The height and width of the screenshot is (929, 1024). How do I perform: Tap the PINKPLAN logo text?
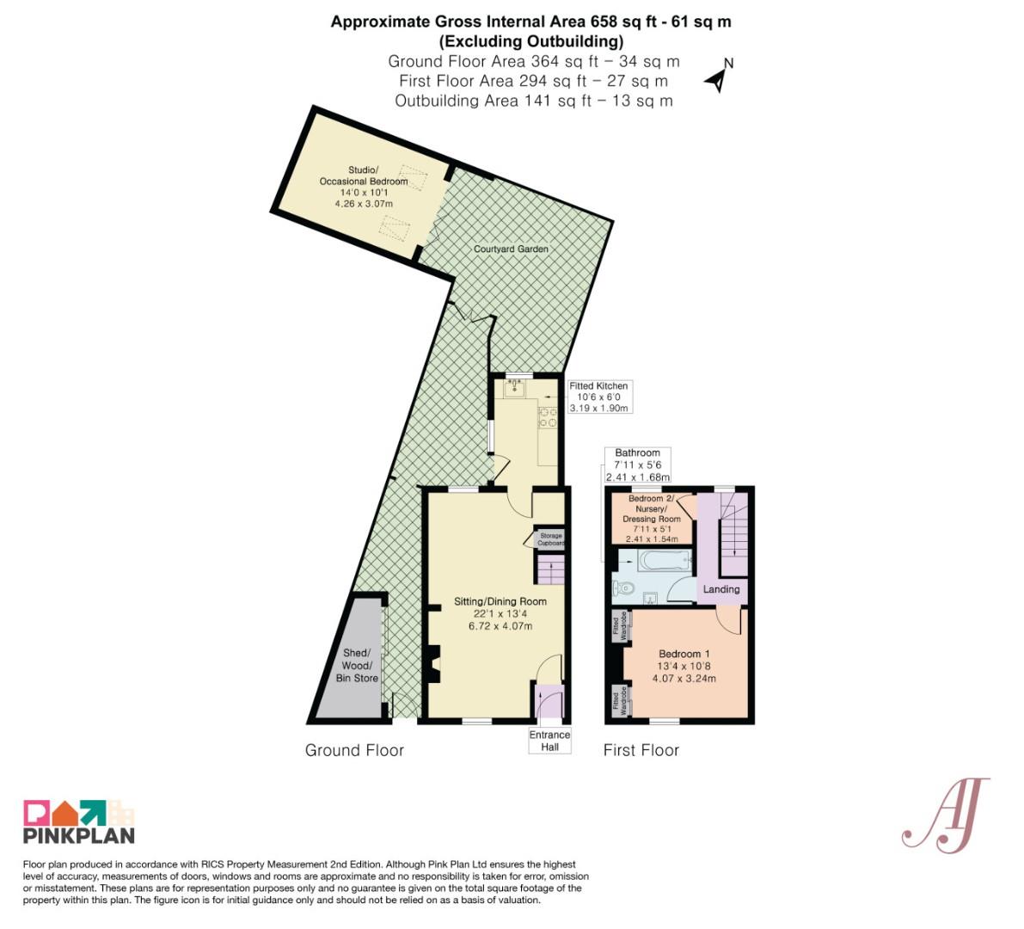point(79,835)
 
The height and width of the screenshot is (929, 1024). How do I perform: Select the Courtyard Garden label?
point(511,249)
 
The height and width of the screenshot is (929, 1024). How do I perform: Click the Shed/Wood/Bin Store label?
point(357,666)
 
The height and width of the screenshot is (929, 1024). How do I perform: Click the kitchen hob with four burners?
point(548,417)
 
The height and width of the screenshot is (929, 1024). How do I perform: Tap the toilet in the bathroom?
point(623,588)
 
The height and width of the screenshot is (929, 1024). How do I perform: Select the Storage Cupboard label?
point(550,539)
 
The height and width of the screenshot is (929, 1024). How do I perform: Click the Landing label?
point(721,588)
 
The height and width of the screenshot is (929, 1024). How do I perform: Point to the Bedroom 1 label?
point(684,653)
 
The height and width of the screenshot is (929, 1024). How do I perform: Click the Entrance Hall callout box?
point(549,741)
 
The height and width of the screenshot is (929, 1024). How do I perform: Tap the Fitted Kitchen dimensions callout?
point(598,397)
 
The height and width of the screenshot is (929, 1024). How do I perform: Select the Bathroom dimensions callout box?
point(637,464)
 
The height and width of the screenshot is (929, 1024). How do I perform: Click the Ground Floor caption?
point(354,750)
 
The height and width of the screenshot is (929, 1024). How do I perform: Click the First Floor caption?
point(641,750)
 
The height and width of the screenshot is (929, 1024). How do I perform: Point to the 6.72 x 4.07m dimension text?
point(500,625)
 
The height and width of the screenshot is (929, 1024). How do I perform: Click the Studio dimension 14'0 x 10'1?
point(364,192)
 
